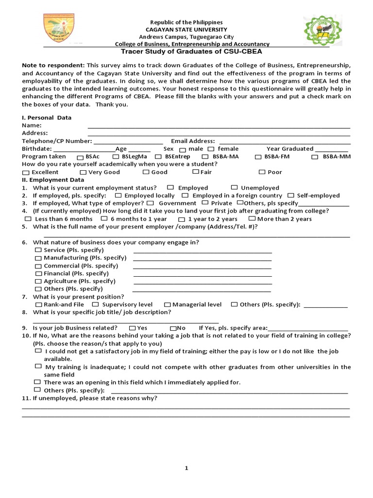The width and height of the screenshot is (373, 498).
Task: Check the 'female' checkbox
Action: tap(211, 149)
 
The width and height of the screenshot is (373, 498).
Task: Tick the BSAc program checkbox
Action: tap(80, 157)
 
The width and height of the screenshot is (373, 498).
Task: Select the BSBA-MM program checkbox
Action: tap(315, 157)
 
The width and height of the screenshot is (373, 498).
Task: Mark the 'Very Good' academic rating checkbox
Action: tap(83, 172)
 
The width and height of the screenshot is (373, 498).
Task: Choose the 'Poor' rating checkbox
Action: tap(262, 172)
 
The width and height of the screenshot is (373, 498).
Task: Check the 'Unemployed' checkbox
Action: tap(234, 187)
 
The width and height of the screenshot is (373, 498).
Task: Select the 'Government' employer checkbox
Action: tap(151, 203)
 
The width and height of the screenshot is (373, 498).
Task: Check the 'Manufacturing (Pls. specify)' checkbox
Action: tap(38, 258)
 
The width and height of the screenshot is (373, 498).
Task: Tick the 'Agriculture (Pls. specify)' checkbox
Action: tap(38, 281)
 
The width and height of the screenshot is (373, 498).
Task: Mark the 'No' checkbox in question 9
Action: tap(173, 328)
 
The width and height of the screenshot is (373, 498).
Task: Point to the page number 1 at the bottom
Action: tap(186, 468)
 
